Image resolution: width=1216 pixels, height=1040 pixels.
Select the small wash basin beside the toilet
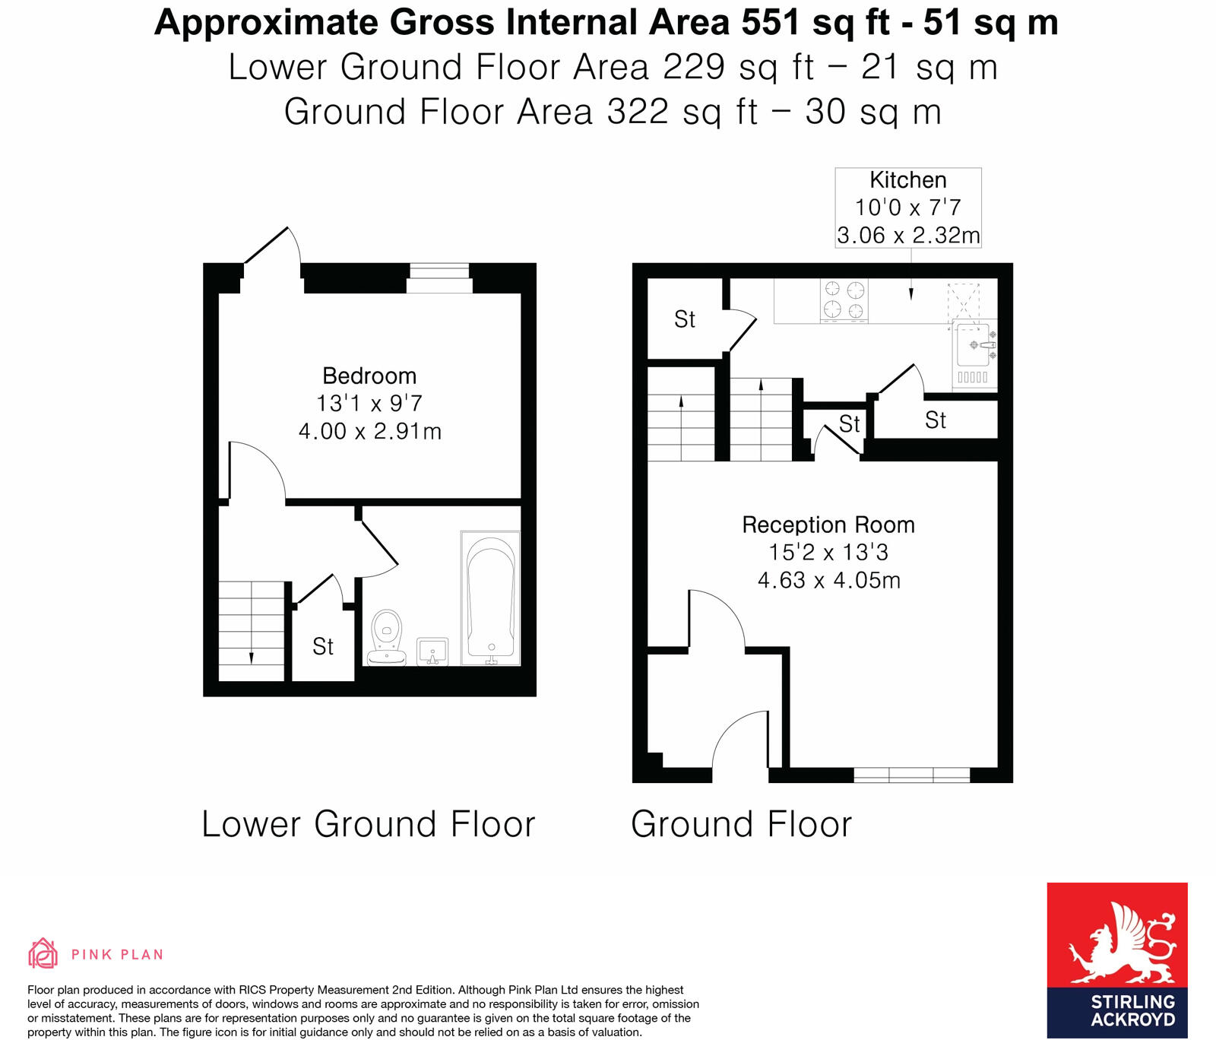pos(432,652)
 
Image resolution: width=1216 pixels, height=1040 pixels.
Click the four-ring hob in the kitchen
pos(844,300)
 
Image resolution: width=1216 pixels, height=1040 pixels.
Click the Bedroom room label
pos(369,376)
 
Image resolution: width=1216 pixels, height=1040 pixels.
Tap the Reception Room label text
pos(828,525)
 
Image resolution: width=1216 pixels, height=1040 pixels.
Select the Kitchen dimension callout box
pos(908,208)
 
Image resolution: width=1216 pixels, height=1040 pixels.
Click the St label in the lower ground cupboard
pos(323,647)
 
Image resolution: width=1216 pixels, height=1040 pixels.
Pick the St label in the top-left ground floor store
pos(684,319)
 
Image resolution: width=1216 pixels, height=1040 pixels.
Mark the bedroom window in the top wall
pos(439,277)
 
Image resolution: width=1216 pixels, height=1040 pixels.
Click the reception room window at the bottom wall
pos(911,775)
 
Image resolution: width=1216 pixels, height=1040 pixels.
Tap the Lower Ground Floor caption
pos(369,824)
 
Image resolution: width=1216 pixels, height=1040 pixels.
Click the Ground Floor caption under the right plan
pos(741,824)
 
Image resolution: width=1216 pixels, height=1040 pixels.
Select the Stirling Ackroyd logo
pos(1116,959)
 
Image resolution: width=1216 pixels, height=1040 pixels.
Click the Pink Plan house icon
pos(43,953)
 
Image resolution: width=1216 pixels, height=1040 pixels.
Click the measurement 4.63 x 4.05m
pos(828,580)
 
